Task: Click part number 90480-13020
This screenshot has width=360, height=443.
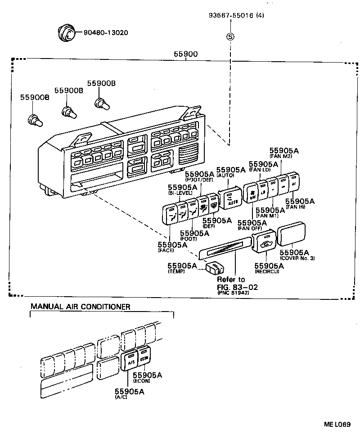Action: pos(105,33)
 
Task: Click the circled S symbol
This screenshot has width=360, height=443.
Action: pos(230,37)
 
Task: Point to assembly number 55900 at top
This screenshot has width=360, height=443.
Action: pos(185,54)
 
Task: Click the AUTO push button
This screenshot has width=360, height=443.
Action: pos(230,198)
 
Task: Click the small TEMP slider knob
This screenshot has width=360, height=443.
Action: pos(215,268)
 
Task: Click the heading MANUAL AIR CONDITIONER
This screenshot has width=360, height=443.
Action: pos(81,307)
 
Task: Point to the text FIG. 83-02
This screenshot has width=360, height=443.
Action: pos(238,287)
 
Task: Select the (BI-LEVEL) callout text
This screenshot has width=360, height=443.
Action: pos(180,193)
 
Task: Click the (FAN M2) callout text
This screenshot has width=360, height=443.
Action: pos(284,156)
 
